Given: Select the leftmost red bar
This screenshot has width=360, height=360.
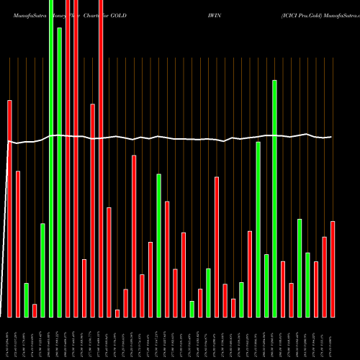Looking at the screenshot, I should [x=9, y=209].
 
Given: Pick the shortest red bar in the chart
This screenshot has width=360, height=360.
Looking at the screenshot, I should [x=117, y=313].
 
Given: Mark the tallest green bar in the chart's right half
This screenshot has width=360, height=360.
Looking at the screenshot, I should [x=275, y=198].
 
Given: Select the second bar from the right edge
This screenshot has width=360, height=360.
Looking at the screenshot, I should [x=325, y=276].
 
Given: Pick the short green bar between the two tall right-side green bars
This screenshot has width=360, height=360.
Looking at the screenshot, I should [x=266, y=285].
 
